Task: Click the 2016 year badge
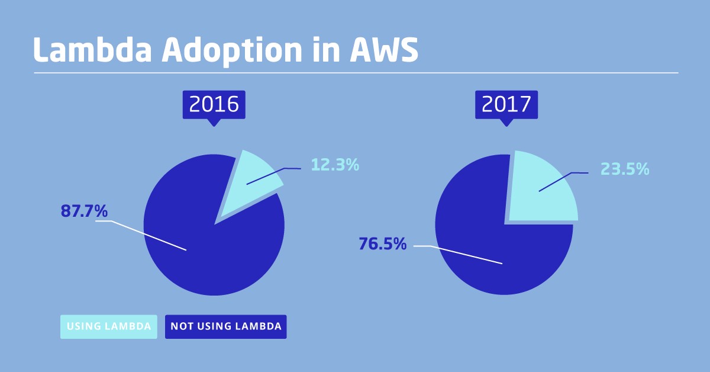coord(214,104)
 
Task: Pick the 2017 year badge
coord(506,104)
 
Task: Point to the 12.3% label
coord(335,165)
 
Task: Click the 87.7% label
coord(84,211)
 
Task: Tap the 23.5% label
coord(625,169)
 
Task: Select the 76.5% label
coord(383,243)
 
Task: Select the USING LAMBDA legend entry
coord(109,326)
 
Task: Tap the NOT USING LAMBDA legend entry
coord(225,326)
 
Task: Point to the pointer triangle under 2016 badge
coord(214,122)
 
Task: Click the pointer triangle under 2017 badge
coord(506,122)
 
